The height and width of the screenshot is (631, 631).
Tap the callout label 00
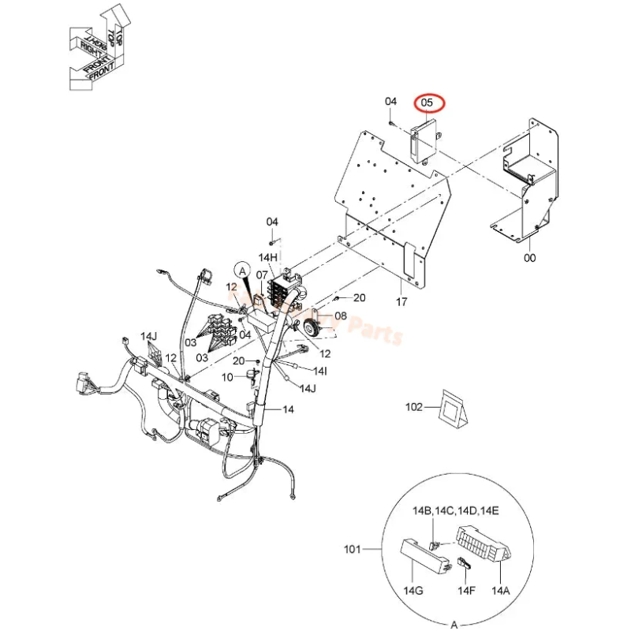(x=530, y=257)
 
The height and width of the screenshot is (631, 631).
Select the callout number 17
(x=401, y=301)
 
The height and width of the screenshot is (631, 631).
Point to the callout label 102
(x=414, y=407)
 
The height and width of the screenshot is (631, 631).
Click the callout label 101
(x=352, y=547)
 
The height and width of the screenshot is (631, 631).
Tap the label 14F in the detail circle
(x=467, y=589)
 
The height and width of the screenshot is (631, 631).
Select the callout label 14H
(x=269, y=258)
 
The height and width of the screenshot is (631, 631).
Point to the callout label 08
(x=341, y=315)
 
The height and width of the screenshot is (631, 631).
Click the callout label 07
(x=262, y=275)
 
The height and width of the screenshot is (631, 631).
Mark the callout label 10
(x=227, y=377)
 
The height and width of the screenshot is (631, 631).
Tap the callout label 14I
(x=320, y=370)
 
